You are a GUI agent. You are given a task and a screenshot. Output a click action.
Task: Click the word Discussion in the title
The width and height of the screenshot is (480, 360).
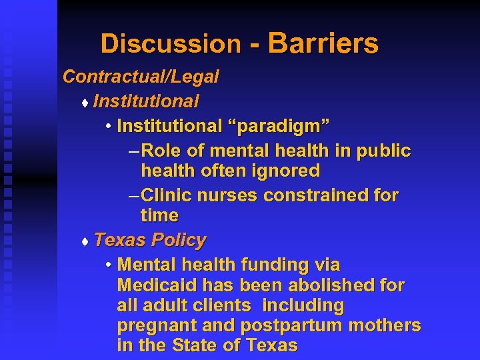(x=170, y=44)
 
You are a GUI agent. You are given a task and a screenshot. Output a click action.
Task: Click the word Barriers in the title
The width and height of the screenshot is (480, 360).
(x=323, y=44)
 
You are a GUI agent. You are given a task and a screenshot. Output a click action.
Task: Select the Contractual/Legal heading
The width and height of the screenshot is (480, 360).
(x=141, y=77)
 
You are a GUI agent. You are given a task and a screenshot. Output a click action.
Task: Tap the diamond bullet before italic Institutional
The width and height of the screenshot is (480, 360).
(x=84, y=103)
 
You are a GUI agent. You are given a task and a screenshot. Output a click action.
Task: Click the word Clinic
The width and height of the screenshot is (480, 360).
(x=167, y=195)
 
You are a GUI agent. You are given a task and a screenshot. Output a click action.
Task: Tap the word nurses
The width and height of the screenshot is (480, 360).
(x=227, y=195)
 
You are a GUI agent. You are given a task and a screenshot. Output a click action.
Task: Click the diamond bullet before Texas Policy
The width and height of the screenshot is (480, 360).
(x=84, y=241)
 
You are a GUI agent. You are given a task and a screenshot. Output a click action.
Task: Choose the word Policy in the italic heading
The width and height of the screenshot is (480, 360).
(x=179, y=239)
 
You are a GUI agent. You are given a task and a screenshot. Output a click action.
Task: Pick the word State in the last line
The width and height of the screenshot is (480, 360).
(x=194, y=346)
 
